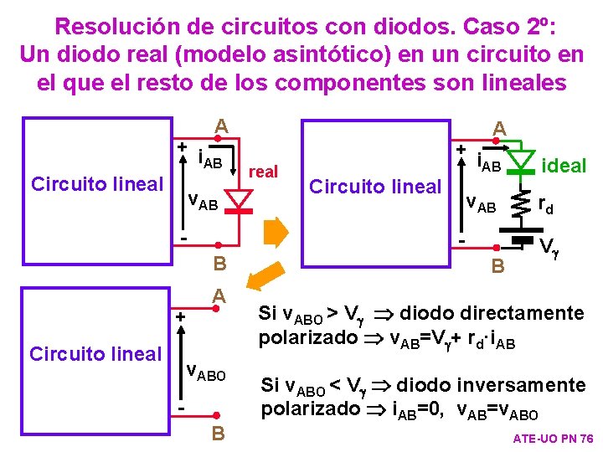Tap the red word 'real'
264,171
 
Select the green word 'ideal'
564,166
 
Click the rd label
545,203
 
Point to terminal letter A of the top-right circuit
499,128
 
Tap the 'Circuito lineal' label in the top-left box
96,184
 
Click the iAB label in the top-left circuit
209,157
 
